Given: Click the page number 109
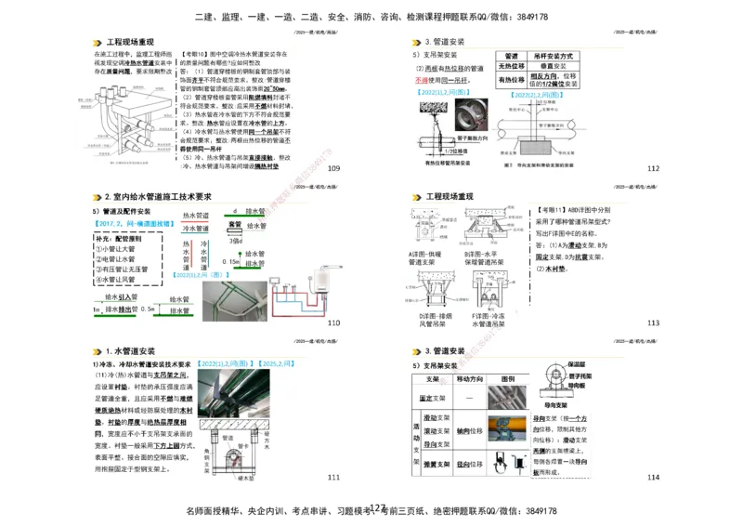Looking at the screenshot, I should tap(334, 168).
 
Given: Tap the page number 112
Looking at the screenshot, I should tap(653, 168).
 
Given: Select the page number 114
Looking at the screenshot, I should tap(653, 477).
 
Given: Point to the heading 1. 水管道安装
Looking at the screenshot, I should tap(130, 350).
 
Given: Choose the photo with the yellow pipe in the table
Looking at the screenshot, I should tap(506, 431).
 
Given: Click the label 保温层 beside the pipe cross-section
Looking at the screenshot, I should tap(575, 363).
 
